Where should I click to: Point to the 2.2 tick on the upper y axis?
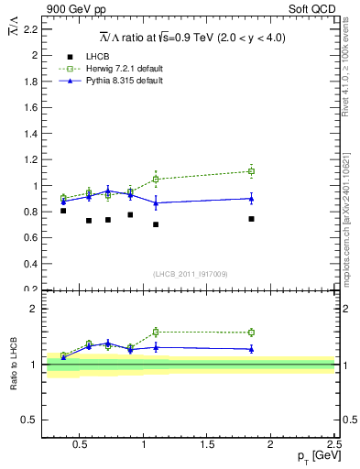pyautogui.click(x=29, y=29)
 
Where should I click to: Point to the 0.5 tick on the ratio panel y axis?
pyautogui.click(x=29, y=420)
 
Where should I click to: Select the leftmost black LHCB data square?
pyautogui.click(x=63, y=211)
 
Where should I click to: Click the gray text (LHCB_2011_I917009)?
pyautogui.click(x=190, y=273)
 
